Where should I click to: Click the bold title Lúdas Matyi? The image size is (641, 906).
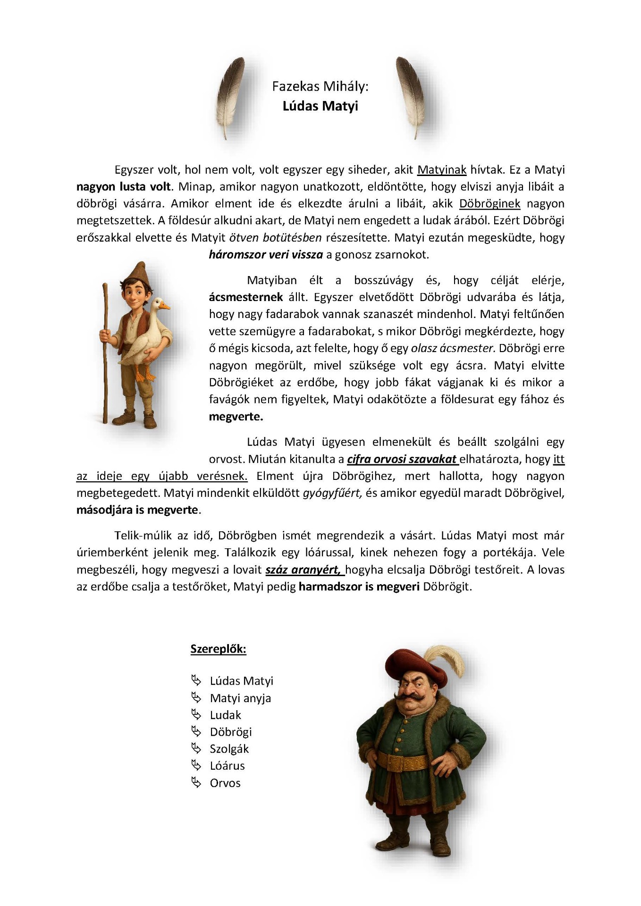tap(320, 106)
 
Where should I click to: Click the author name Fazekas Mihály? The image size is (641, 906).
tap(320, 86)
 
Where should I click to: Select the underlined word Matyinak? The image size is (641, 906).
tap(442, 170)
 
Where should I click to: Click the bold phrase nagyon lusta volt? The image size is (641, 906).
tap(123, 187)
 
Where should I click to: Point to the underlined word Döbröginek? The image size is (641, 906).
tap(489, 204)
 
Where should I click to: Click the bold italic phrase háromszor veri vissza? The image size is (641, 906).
tap(266, 255)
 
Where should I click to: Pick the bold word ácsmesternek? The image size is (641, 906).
tap(246, 297)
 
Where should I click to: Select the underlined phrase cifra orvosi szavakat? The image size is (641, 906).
tap(402, 459)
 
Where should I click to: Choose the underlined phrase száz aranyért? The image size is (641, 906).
tap(303, 570)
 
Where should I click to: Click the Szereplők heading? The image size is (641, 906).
tap(218, 649)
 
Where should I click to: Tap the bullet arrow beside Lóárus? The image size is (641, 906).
tap(196, 765)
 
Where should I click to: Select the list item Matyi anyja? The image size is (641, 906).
tap(240, 698)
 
